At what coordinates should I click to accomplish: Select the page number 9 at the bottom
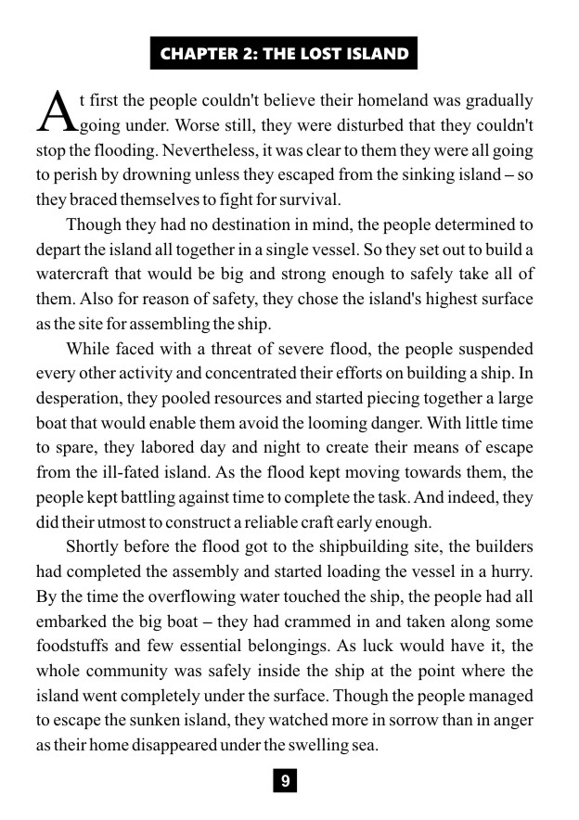(x=286, y=781)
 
